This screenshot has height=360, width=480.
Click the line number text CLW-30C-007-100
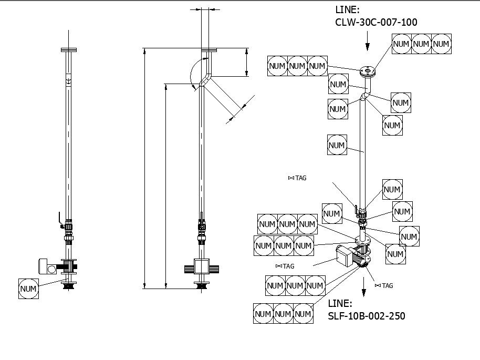pyautogui.click(x=376, y=22)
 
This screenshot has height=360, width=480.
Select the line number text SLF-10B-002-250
pyautogui.click(x=366, y=316)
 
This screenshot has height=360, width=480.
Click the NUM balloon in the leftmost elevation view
pyautogui.click(x=29, y=289)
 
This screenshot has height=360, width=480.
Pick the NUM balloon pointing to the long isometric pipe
pyautogui.click(x=337, y=145)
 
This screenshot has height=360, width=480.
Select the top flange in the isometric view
pyautogui.click(x=368, y=70)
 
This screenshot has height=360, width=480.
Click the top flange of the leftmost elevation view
pyautogui.click(x=68, y=50)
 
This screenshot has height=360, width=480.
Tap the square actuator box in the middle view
pyautogui.click(x=202, y=267)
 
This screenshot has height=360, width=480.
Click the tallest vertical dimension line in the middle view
pyautogui.click(x=144, y=168)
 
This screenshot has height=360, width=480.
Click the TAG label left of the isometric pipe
pyautogui.click(x=297, y=178)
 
